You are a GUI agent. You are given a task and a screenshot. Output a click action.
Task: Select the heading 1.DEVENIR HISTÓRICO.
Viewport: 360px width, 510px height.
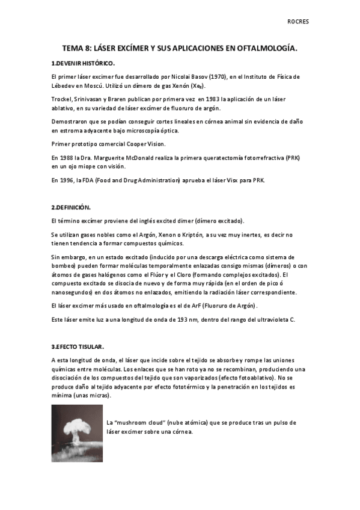83,63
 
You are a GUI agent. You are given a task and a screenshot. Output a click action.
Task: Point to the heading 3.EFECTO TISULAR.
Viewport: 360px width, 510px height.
78,347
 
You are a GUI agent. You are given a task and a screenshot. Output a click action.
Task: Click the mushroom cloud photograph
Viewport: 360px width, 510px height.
76,433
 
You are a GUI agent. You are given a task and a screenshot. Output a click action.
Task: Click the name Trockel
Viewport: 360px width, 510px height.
63,99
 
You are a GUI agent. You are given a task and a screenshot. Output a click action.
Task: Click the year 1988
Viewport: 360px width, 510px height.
68,157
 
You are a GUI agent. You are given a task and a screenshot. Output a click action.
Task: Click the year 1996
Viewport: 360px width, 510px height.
67,180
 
